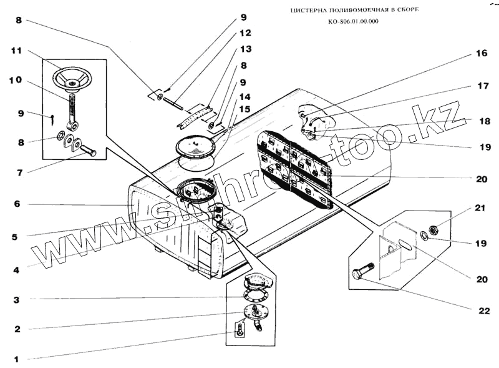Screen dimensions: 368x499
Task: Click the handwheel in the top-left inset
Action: (72, 81)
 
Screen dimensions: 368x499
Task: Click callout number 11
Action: (17, 50)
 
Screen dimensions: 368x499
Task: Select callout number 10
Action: (16, 81)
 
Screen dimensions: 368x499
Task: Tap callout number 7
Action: (17, 172)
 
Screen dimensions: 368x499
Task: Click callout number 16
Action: (481, 54)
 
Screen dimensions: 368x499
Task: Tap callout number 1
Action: (17, 359)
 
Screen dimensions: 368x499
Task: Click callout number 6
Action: (17, 204)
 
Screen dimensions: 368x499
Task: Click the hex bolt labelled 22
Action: (362, 275)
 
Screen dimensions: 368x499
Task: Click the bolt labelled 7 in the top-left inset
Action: (86, 151)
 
